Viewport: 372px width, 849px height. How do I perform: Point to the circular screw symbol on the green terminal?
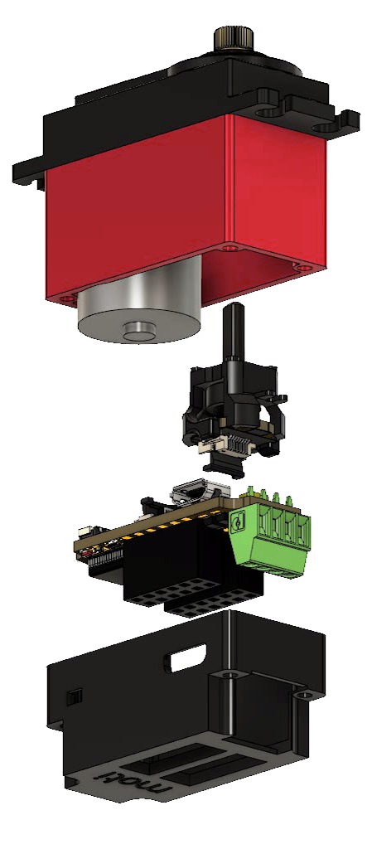coord(237,522)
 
